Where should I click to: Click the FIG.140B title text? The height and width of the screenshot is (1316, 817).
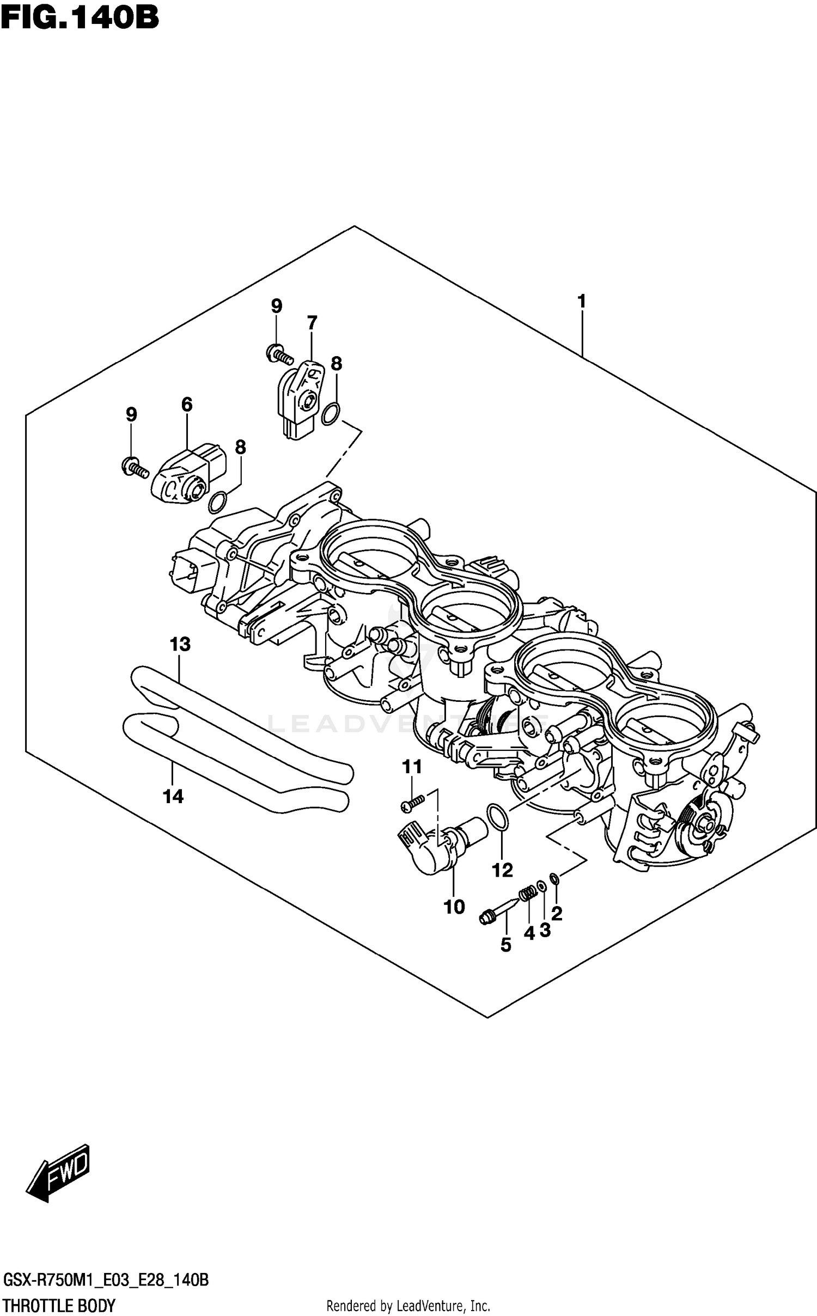pos(80,17)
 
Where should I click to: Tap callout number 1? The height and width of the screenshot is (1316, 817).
pos(581,301)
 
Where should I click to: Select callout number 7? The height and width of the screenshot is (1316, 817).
pos(312,323)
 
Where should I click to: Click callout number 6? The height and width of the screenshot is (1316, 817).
pos(186,404)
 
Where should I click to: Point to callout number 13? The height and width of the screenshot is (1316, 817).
pos(180,644)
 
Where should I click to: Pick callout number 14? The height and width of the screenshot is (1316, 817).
pos(173,797)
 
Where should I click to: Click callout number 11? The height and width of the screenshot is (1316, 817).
pos(412,767)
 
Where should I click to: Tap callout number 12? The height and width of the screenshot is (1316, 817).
pos(502,870)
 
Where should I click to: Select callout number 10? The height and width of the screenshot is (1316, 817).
pos(454,907)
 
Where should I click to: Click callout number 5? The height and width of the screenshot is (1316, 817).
pos(505,945)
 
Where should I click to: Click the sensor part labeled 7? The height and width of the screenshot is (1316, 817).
pos(300,397)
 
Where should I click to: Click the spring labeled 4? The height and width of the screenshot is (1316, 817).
pos(527,894)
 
